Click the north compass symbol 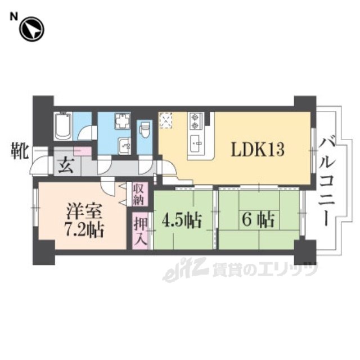click(x=31, y=29)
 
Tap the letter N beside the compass click(x=13, y=16)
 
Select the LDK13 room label click(x=258, y=150)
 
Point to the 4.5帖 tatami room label click(x=182, y=220)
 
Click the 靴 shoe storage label click(x=20, y=151)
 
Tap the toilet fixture click(x=145, y=129)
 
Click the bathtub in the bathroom click(x=63, y=126)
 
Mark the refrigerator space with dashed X click(x=166, y=121)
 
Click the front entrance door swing click(x=40, y=165)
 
